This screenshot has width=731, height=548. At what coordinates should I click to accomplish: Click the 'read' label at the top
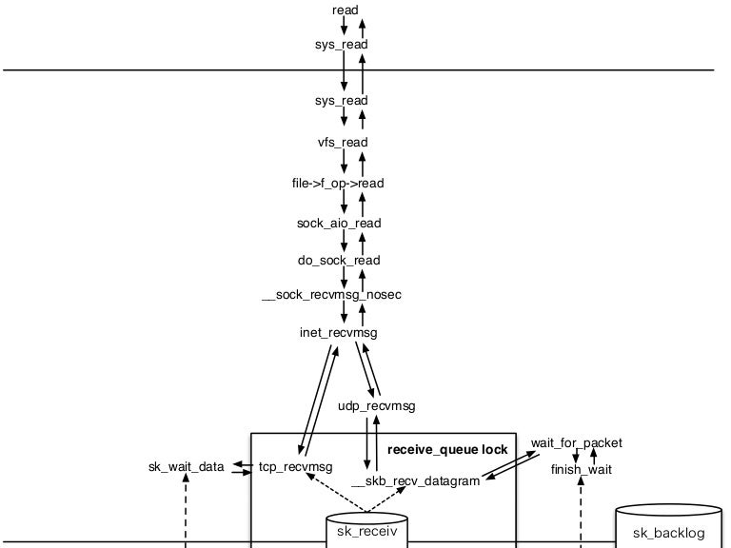tap(345, 10)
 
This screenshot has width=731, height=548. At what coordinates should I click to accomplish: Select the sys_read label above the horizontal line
tap(341, 45)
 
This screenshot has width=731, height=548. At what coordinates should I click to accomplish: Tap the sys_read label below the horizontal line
tap(341, 101)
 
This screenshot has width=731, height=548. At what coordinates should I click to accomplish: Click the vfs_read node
tap(342, 143)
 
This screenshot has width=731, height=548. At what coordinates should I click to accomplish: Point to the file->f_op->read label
tap(338, 183)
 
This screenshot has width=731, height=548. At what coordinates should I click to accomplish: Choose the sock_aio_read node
tap(339, 224)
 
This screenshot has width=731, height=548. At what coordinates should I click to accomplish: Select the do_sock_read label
tap(339, 261)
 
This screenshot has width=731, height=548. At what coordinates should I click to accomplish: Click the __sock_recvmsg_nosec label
tap(331, 295)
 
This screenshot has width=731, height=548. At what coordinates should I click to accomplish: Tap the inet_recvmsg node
tap(338, 333)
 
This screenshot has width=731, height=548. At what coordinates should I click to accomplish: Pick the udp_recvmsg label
tap(377, 406)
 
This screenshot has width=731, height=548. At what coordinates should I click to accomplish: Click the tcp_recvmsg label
tap(295, 467)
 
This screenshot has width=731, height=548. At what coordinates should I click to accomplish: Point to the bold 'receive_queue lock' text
tap(447, 449)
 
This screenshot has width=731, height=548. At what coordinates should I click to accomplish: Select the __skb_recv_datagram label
tap(415, 481)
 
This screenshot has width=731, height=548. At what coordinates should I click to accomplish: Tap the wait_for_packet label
tap(577, 443)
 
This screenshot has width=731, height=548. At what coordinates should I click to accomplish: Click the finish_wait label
tap(582, 470)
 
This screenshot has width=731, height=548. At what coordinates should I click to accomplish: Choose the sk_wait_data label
tap(187, 467)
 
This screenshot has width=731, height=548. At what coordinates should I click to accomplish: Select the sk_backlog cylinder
tap(668, 527)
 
